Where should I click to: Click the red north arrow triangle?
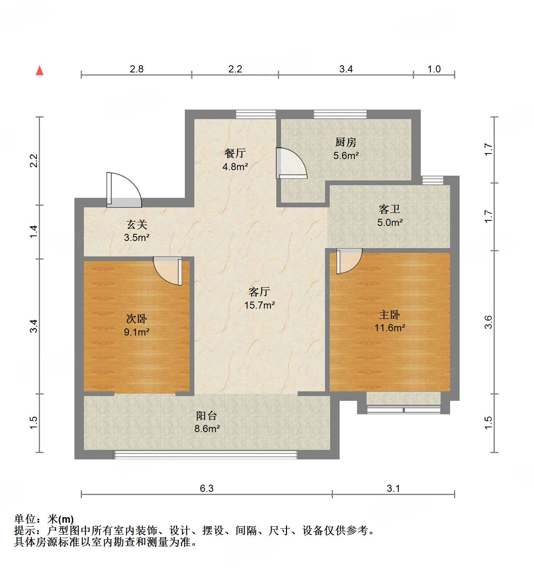tap(40, 71)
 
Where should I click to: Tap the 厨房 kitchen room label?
tap(346, 142)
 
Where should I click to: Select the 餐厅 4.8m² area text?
tap(235, 167)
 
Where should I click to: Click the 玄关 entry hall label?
tap(137, 225)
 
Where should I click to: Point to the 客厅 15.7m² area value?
tap(259, 305)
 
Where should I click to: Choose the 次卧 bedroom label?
tap(137, 319)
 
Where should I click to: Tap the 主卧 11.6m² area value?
tap(390, 328)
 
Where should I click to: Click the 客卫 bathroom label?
tap(390, 209)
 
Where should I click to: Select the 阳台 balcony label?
tap(207, 415)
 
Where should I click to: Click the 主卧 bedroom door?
tap(348, 260)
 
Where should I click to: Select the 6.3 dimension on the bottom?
tap(206, 488)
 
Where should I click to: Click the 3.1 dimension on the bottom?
tap(393, 488)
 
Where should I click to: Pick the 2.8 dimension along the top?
tap(137, 69)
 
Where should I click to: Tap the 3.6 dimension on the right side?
tap(488, 322)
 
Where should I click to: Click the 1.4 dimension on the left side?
tap(34, 231)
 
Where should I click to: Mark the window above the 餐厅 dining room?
tap(256, 114)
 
